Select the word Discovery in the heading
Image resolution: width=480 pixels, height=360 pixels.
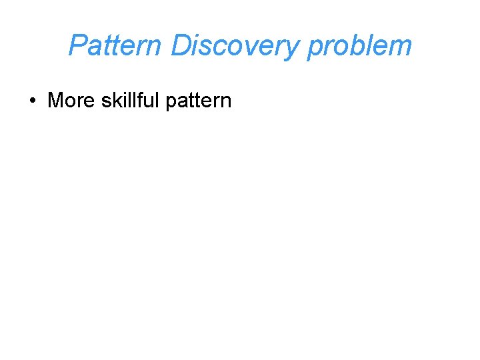[235, 45]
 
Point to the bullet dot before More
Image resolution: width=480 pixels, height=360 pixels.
[32, 101]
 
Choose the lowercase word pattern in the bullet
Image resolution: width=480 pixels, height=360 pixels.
[198, 101]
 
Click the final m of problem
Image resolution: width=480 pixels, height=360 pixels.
[401, 47]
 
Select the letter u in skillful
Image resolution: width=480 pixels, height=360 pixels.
[149, 101]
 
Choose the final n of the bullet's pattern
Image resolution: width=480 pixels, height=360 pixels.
[226, 101]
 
